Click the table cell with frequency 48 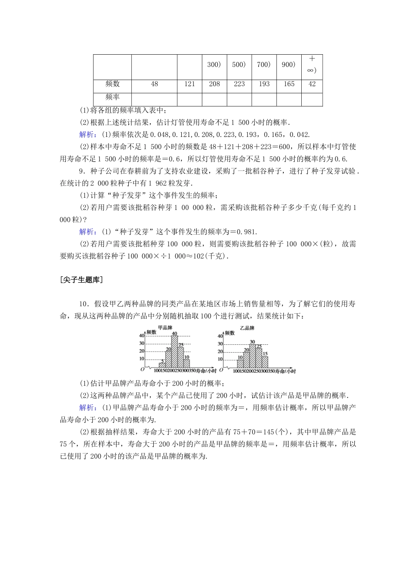[154, 84]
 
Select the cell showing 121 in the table [190, 84]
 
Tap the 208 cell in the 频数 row [215, 84]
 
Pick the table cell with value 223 [239, 84]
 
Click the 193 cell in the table [264, 84]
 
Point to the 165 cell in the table [289, 84]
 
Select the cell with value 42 [312, 84]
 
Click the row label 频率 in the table [113, 97]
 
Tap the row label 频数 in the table [113, 84]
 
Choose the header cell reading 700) [264, 65]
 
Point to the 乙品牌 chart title [247, 328]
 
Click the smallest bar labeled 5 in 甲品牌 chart [162, 365]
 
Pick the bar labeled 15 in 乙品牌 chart [264, 362]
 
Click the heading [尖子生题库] [81, 280]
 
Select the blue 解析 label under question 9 [88, 232]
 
